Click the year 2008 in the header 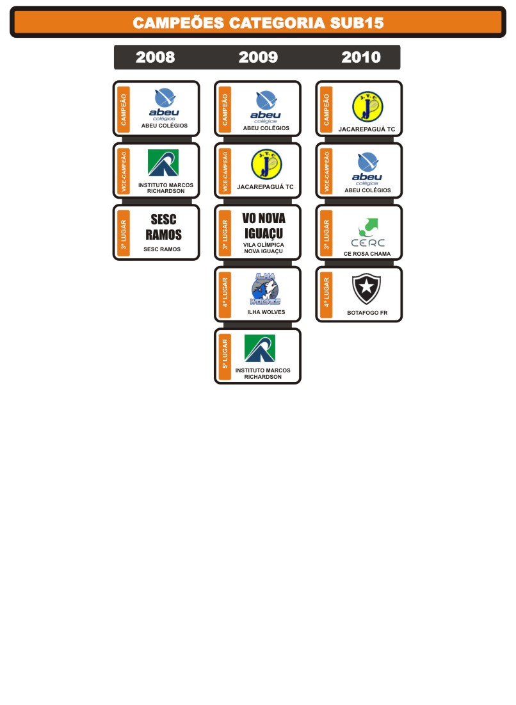[x=155, y=57]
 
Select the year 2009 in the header [x=258, y=57]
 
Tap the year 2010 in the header [x=360, y=57]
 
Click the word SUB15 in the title [x=357, y=23]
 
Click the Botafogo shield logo [x=366, y=289]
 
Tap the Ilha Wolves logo [x=265, y=289]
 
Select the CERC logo [x=368, y=233]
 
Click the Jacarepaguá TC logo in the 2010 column [x=367, y=107]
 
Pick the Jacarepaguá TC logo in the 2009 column [x=266, y=165]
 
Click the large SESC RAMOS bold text [x=163, y=227]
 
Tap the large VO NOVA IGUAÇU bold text [x=264, y=226]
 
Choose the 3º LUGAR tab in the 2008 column [x=124, y=233]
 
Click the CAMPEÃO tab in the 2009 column [x=225, y=109]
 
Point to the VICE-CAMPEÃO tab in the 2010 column [x=327, y=171]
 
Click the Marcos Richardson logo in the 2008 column [x=163, y=163]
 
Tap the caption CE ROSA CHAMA [x=367, y=254]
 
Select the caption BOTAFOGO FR [x=367, y=313]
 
